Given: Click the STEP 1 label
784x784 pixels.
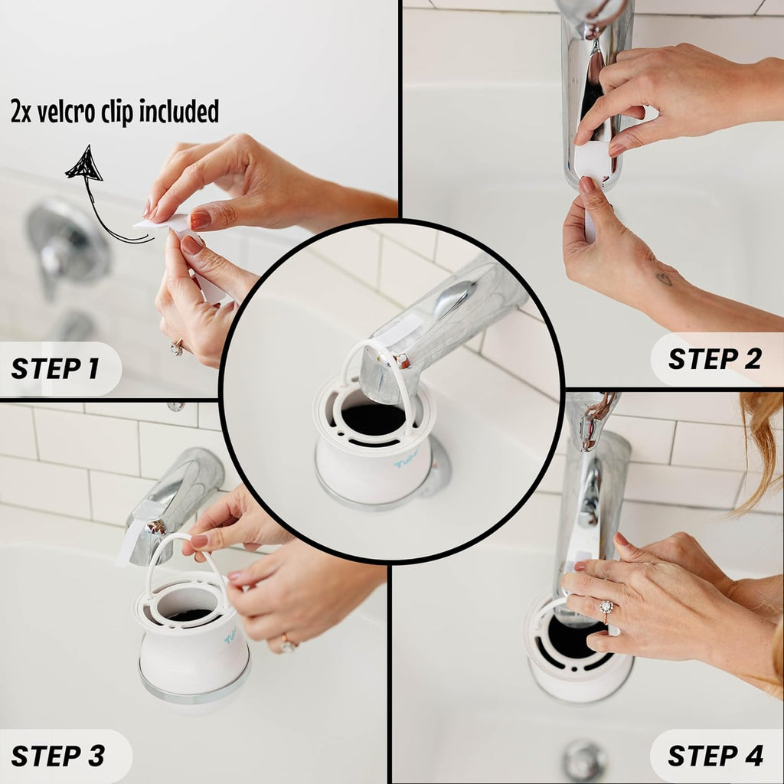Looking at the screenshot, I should (x=55, y=368).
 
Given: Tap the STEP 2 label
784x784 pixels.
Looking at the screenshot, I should (x=714, y=358).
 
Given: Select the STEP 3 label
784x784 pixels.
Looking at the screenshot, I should (x=58, y=755).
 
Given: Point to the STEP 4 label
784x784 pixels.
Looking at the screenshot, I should (x=715, y=755).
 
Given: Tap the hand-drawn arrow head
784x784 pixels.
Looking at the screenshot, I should (x=86, y=163).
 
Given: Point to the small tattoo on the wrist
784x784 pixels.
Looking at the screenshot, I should (x=664, y=279).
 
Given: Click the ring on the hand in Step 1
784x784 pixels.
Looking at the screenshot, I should (x=177, y=348).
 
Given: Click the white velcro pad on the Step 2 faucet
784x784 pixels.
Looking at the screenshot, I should (x=595, y=162).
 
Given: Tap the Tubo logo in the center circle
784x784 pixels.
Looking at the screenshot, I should (x=407, y=461).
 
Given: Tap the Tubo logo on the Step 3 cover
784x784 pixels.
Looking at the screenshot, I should (x=230, y=636).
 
